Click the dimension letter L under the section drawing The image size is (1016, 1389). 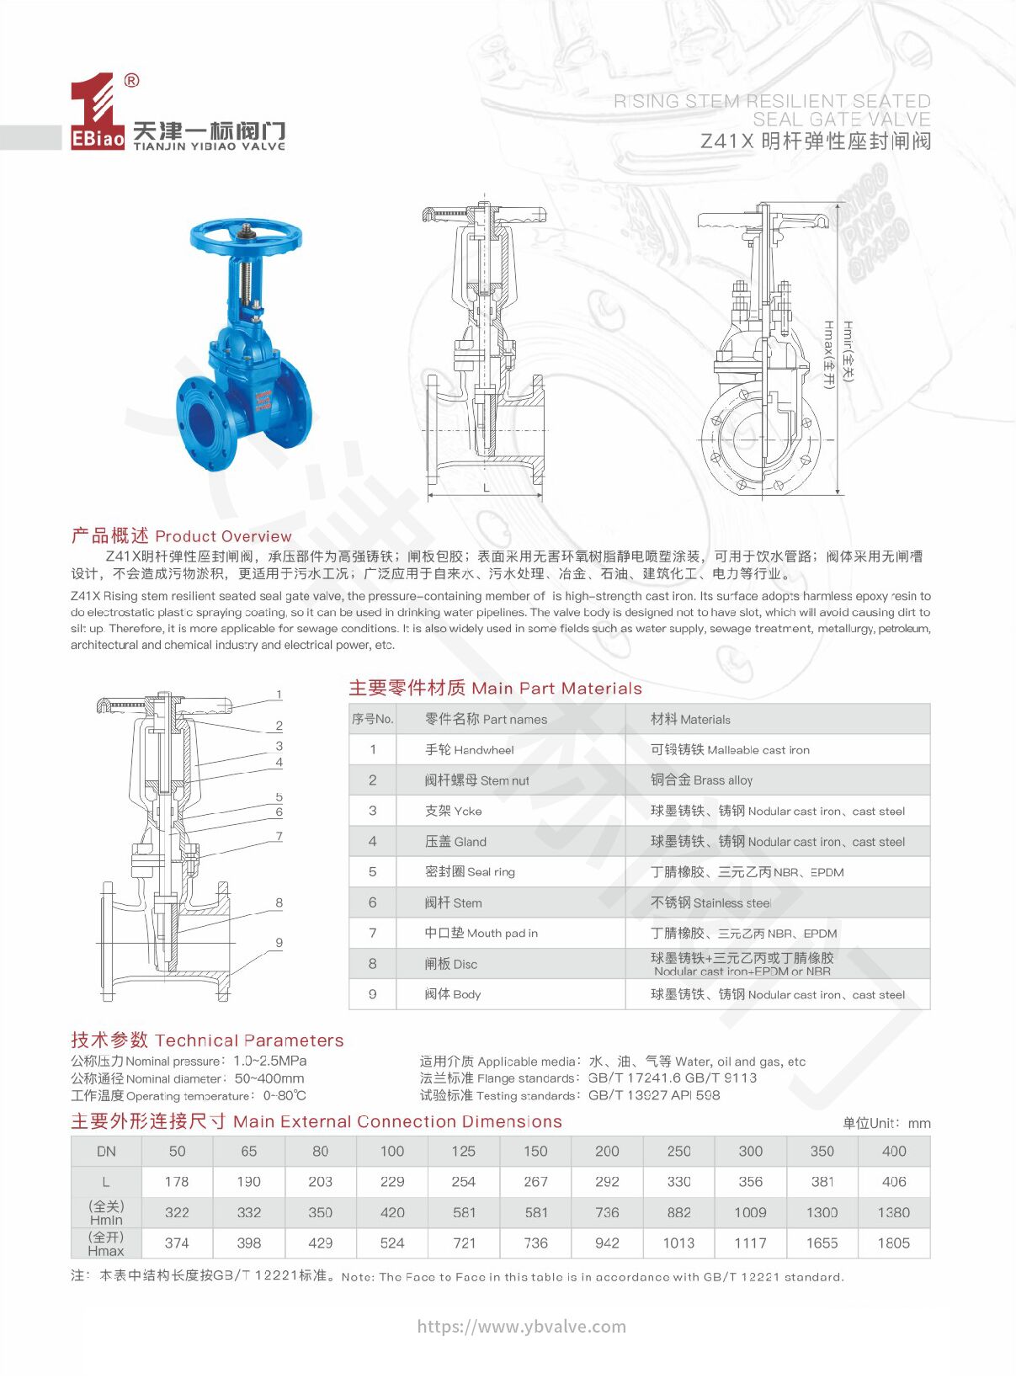pos(486,487)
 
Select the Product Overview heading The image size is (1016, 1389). pos(181,536)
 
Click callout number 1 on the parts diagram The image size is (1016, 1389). pos(279,694)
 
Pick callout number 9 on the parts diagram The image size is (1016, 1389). pos(279,943)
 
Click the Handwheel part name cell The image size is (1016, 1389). pos(469,750)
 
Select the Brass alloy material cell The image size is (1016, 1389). pos(701,780)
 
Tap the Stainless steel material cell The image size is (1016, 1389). pos(710,902)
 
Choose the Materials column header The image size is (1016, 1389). pos(690,720)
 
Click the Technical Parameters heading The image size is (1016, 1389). pos(207,1040)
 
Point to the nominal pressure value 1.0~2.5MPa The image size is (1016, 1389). pos(269,1061)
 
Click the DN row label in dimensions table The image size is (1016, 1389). pos(106,1152)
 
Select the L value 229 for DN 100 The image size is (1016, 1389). pos(392,1182)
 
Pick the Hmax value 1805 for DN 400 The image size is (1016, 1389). pos(894,1243)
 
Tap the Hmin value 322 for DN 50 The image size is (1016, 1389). pos(177,1213)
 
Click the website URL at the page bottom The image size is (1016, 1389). pos(522,1327)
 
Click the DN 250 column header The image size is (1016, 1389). pos(678,1152)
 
